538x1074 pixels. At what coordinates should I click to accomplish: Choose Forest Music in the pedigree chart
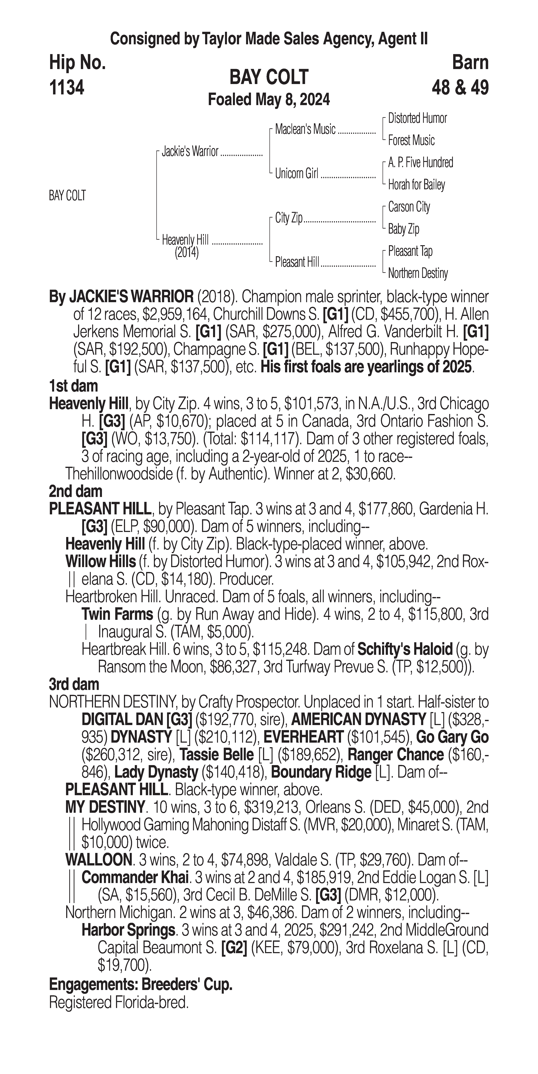(411, 141)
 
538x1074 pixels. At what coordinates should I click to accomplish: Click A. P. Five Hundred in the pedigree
(420, 163)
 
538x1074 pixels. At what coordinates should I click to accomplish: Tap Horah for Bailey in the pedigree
(416, 185)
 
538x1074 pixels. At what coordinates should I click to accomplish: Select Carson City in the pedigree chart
(409, 207)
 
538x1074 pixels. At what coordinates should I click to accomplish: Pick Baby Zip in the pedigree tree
(404, 229)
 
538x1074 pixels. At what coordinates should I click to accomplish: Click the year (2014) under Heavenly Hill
(186, 253)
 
